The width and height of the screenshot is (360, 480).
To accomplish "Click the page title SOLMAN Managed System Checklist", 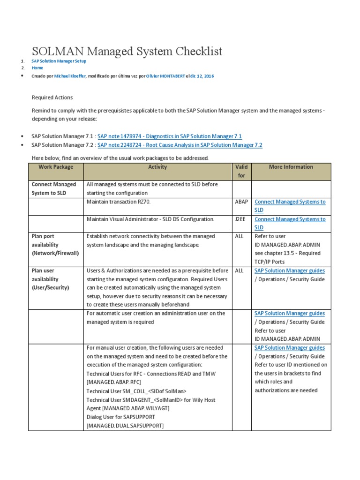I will click(127, 51).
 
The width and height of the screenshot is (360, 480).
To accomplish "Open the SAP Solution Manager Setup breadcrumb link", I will click(59, 61).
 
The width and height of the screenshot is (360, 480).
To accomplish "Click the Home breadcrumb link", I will click(37, 68).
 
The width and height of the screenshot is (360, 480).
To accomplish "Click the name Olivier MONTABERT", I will click(165, 76).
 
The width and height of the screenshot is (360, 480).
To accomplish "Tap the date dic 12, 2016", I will click(202, 76).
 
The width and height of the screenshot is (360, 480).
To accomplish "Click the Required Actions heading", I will click(52, 97).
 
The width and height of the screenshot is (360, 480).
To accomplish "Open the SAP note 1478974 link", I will click(169, 136).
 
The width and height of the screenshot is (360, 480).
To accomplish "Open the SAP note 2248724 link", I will click(180, 145).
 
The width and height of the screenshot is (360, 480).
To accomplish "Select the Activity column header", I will click(157, 167).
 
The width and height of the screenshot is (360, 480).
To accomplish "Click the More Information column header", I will click(291, 167).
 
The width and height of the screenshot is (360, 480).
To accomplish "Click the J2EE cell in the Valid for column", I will click(240, 219).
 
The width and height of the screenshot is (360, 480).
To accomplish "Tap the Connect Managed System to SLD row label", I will click(53, 189).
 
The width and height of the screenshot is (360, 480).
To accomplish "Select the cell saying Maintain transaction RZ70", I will click(119, 202).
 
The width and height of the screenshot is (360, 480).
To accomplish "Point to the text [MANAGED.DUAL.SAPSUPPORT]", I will click(125, 425).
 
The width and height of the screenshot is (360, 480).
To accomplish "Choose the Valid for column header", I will click(242, 172).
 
